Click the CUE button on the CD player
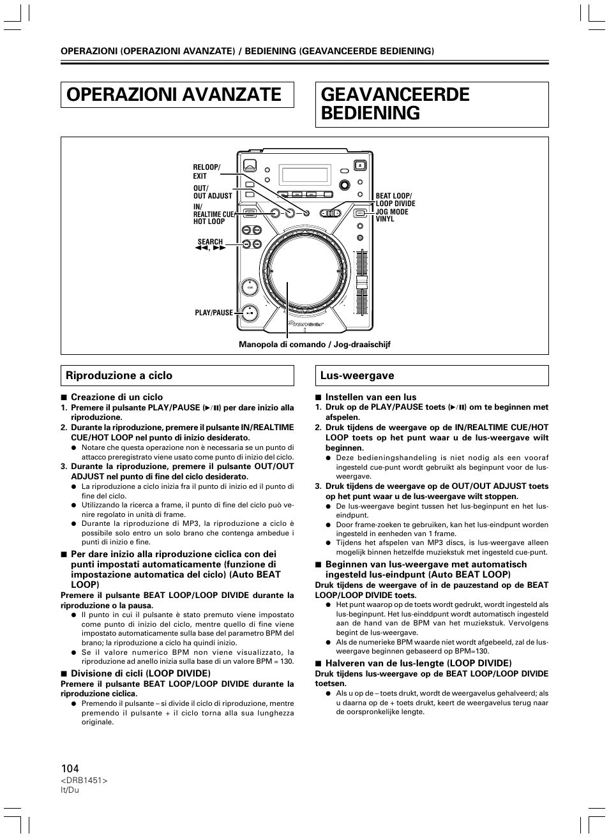(x=250, y=288)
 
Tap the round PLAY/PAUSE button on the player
(x=250, y=313)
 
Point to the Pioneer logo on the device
(x=306, y=324)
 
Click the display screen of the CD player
(x=306, y=174)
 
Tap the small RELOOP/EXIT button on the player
(x=306, y=214)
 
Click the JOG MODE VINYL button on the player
(x=360, y=213)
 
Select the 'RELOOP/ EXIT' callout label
(x=206, y=172)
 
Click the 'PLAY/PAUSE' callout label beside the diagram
(x=214, y=313)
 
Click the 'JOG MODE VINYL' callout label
(x=392, y=215)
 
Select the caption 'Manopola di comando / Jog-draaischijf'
(x=314, y=345)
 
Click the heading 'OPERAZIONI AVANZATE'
(x=174, y=94)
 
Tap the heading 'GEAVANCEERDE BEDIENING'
(x=395, y=104)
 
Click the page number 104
(x=70, y=768)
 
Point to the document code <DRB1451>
(x=84, y=781)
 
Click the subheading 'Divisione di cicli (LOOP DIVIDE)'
(x=140, y=673)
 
